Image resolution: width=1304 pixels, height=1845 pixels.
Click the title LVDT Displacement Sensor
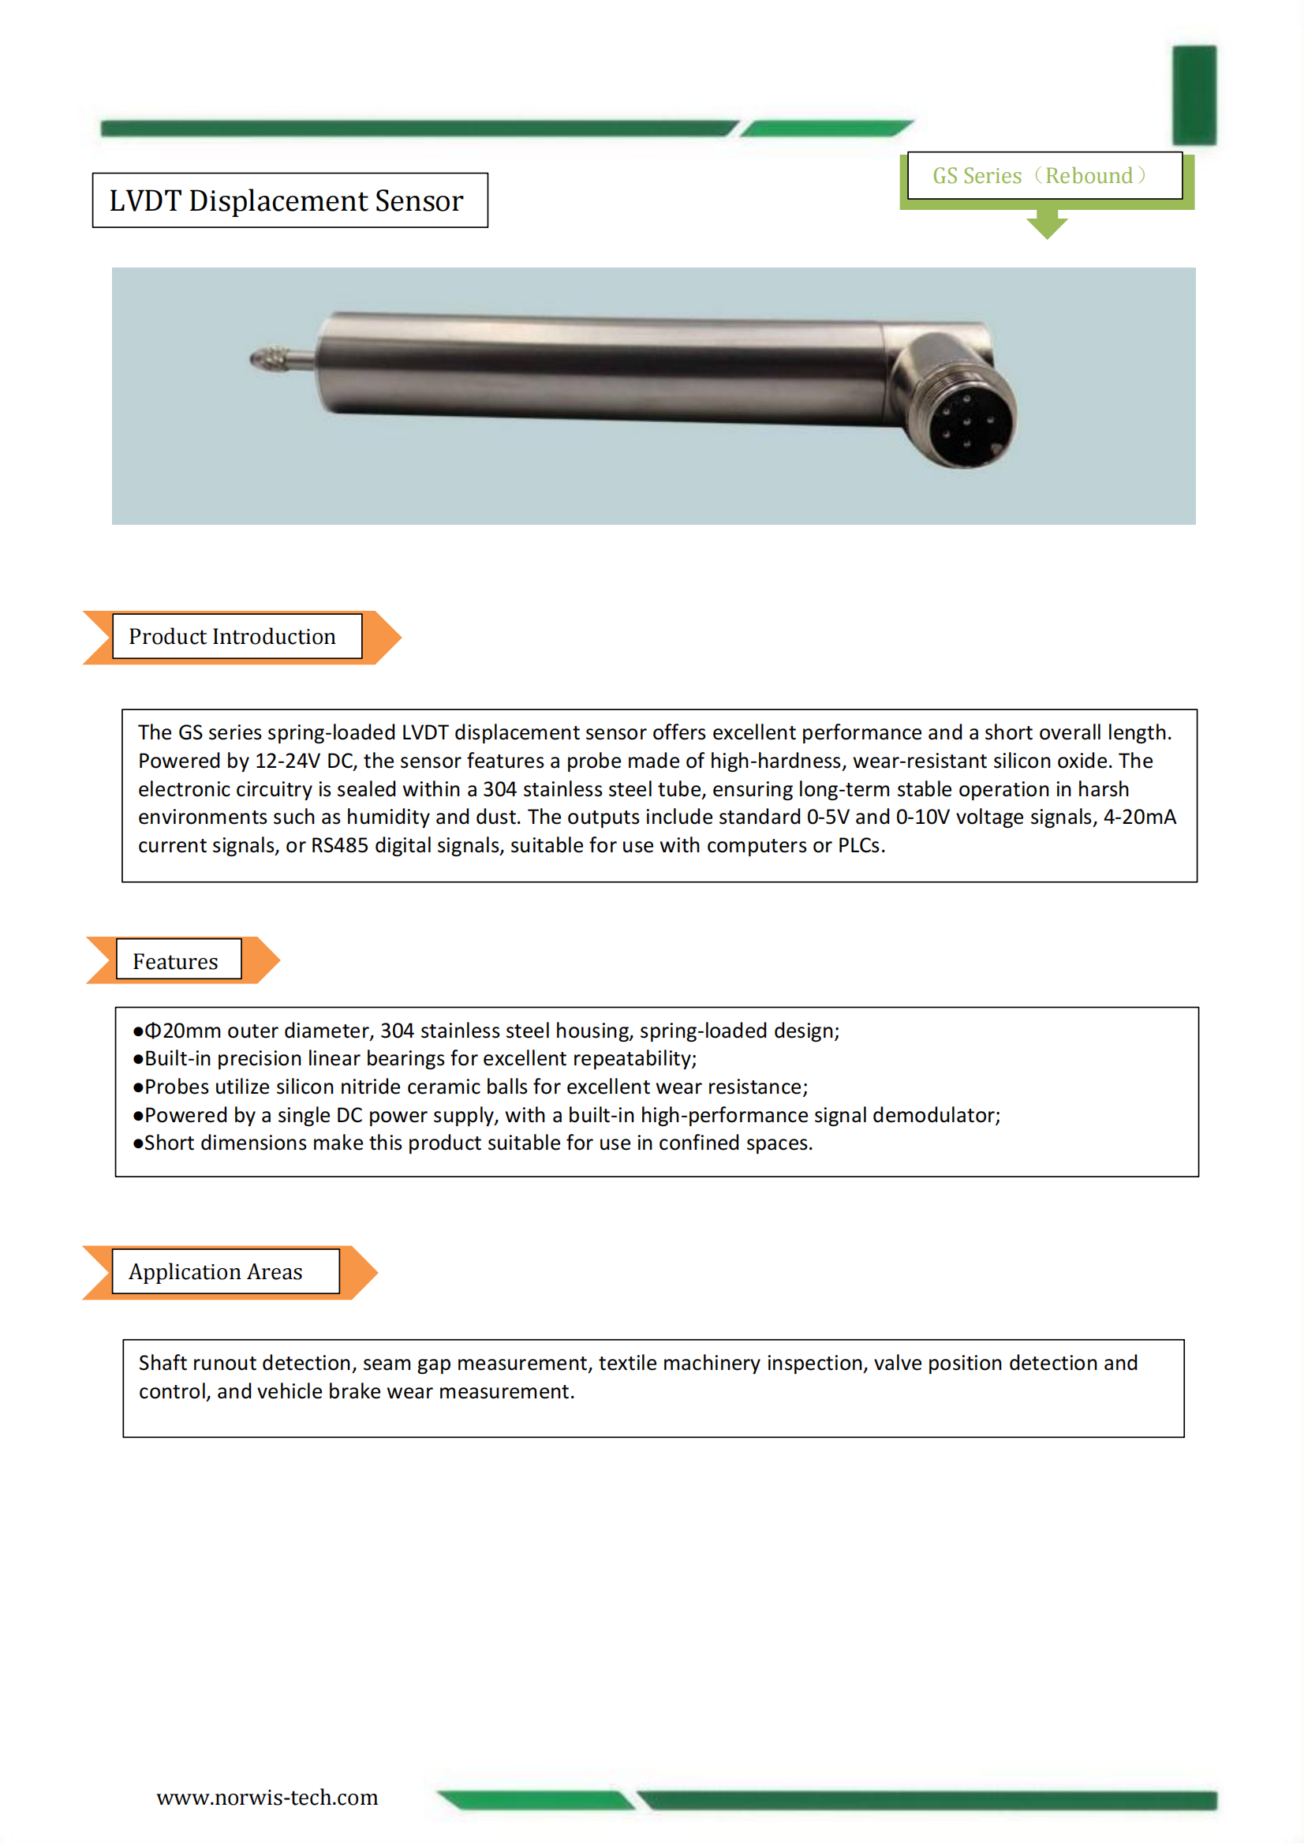pyautogui.click(x=286, y=201)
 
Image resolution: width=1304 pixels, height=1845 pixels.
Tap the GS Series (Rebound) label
pyautogui.click(x=1041, y=176)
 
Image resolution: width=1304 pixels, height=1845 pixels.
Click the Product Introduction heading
pyautogui.click(x=232, y=636)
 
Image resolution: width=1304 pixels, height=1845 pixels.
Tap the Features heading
pyautogui.click(x=175, y=961)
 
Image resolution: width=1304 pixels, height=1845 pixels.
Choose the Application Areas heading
pyautogui.click(x=215, y=1271)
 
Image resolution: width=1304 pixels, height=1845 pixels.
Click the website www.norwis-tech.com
pyautogui.click(x=267, y=1798)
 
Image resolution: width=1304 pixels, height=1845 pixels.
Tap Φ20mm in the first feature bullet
pyautogui.click(x=182, y=1031)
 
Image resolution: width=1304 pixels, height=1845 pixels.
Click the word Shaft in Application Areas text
pyautogui.click(x=163, y=1363)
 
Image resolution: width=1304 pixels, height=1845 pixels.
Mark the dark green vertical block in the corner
pyautogui.click(x=1194, y=95)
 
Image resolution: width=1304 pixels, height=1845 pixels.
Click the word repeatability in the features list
pyautogui.click(x=633, y=1059)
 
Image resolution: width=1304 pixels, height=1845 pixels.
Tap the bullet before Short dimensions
pyautogui.click(x=138, y=1144)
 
